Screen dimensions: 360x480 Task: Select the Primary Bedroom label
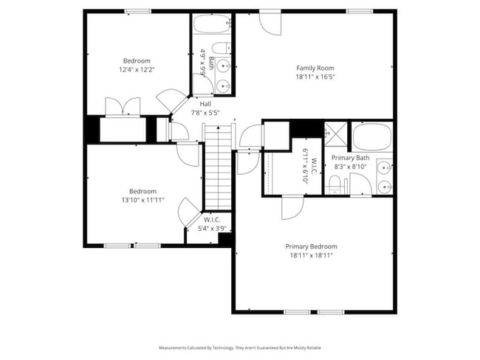pyautogui.click(x=311, y=246)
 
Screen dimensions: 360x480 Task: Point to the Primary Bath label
pyautogui.click(x=350, y=158)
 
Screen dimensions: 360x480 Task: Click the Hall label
pyautogui.click(x=205, y=104)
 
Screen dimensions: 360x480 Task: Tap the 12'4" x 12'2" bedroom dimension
pyautogui.click(x=137, y=69)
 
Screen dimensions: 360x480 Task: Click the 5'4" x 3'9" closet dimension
pyautogui.click(x=212, y=228)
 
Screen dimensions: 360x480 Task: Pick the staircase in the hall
pyautogui.click(x=217, y=170)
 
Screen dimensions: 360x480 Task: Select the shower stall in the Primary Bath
pyautogui.click(x=337, y=136)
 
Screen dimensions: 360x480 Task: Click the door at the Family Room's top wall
pyautogui.click(x=270, y=22)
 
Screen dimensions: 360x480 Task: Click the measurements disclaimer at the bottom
pyautogui.click(x=239, y=347)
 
